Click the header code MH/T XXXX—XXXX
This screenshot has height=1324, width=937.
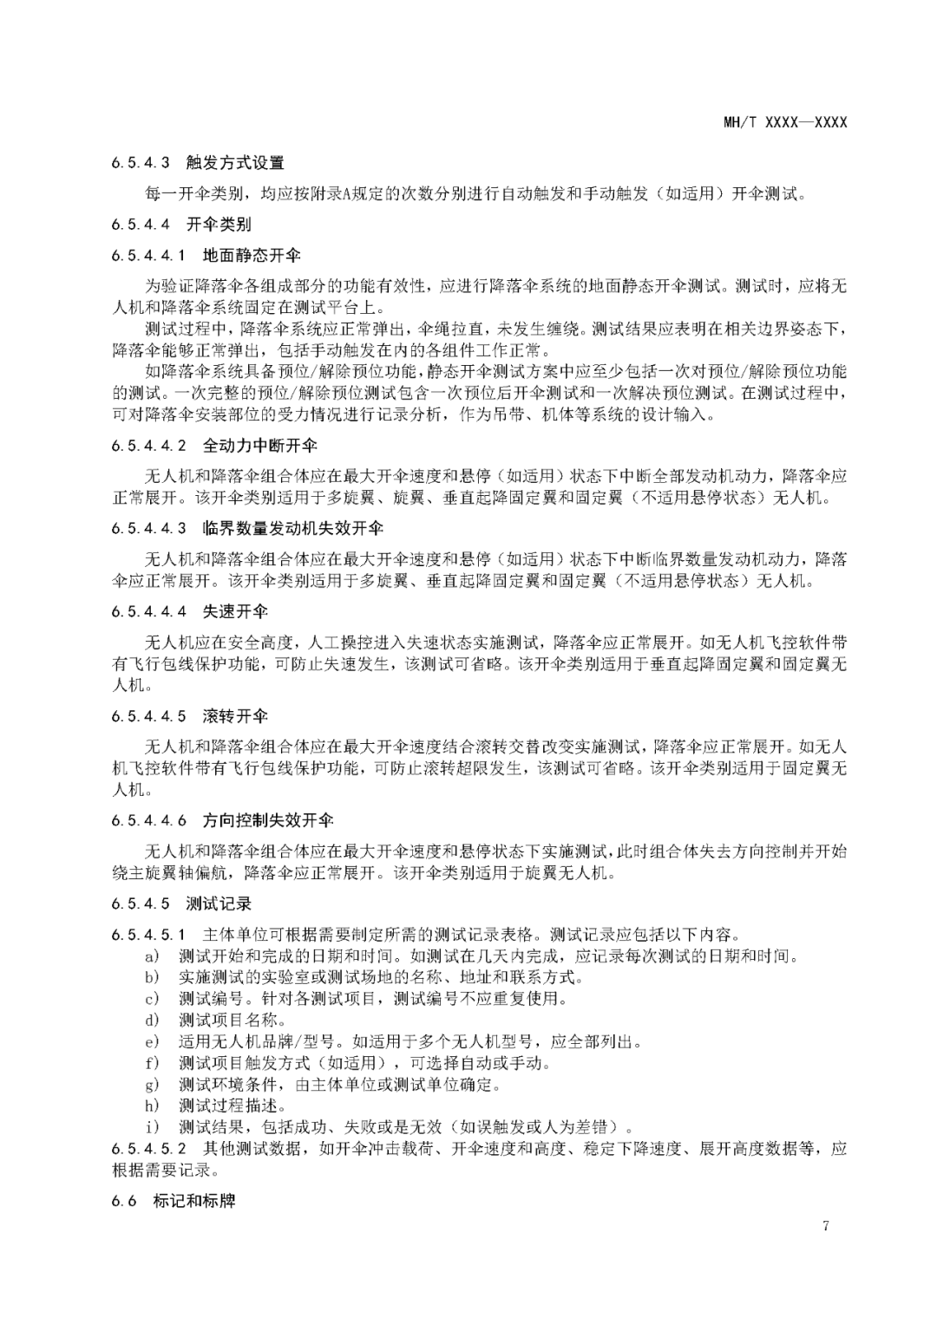[x=785, y=122]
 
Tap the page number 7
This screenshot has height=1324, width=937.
[x=825, y=1226]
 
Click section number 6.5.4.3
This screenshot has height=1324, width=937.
[x=144, y=162]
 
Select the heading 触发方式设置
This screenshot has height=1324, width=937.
[x=235, y=162]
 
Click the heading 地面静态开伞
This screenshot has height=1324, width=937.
[x=252, y=256]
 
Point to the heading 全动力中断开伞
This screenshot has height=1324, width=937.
[x=260, y=446]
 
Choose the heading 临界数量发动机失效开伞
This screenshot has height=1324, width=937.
[x=293, y=528]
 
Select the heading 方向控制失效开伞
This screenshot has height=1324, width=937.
[x=268, y=820]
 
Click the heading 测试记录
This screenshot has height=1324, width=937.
[x=219, y=903]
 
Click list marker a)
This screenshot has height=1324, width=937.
[x=153, y=956]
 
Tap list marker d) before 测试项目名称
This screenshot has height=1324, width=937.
[x=153, y=1020]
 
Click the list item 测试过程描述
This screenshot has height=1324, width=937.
[x=233, y=1106]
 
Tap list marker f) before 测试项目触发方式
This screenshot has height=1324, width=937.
[x=153, y=1063]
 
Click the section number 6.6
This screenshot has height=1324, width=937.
[x=124, y=1201]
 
